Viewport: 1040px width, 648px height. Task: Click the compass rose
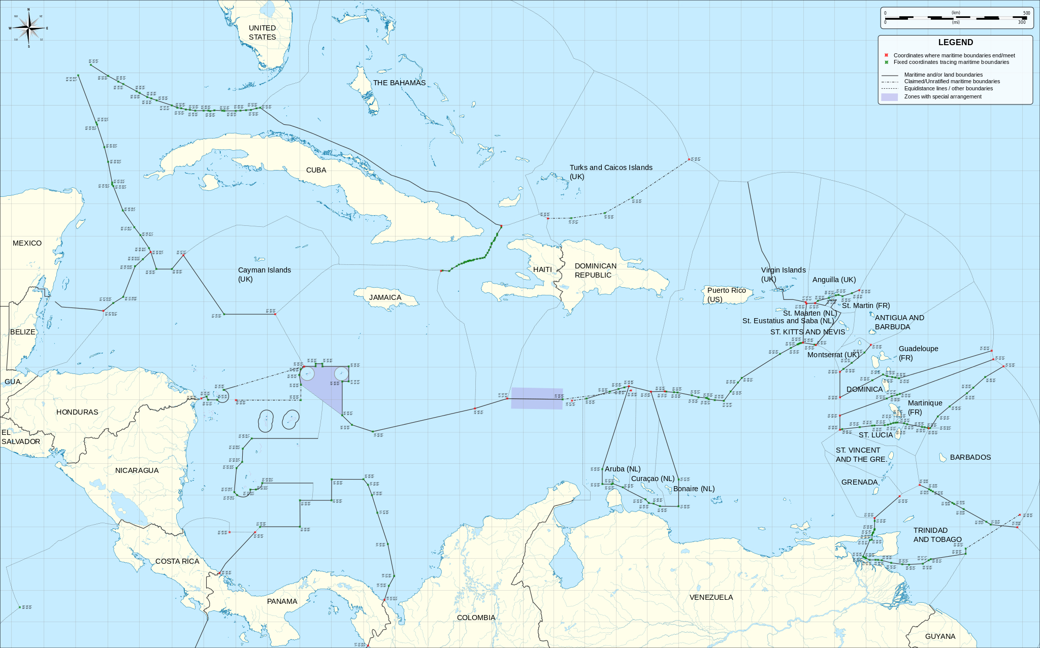28,28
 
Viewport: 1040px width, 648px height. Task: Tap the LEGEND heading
955,43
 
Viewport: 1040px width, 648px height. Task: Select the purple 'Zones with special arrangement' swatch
889,96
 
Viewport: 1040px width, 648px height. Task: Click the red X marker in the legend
886,55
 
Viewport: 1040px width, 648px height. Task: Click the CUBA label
316,170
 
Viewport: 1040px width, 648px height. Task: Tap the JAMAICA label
385,297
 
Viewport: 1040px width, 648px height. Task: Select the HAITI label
542,269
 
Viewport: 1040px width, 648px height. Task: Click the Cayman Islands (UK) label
264,275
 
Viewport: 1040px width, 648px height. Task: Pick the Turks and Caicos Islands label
610,172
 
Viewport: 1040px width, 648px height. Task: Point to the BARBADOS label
970,457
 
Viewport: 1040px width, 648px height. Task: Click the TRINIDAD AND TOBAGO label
937,535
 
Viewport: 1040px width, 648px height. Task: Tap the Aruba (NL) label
623,469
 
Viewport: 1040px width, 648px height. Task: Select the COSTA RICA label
177,561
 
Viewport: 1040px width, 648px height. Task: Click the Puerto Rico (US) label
726,294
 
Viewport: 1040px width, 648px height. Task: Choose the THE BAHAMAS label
399,83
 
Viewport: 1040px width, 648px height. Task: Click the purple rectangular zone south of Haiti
537,398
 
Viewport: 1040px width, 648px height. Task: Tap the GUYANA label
940,636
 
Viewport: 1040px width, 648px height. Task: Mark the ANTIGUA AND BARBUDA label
899,322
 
